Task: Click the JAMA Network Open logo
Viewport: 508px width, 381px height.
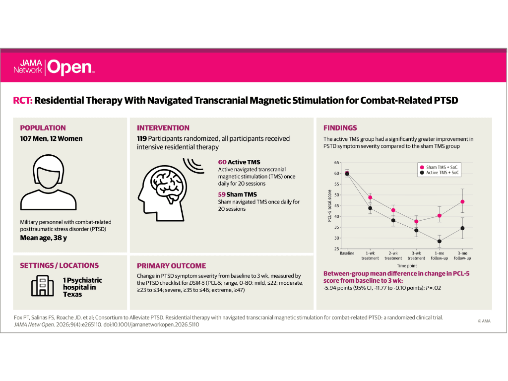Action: pyautogui.click(x=54, y=67)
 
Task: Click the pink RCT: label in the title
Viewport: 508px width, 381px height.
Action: pyautogui.click(x=23, y=100)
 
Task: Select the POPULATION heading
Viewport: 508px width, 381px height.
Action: pyautogui.click(x=43, y=128)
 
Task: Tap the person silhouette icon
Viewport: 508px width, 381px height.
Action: pyautogui.click(x=49, y=182)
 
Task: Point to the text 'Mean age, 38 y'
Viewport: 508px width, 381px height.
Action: pyautogui.click(x=44, y=238)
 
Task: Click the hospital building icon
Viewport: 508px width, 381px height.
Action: pyautogui.click(x=43, y=286)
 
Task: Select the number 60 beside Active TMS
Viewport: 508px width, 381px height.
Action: pyautogui.click(x=222, y=162)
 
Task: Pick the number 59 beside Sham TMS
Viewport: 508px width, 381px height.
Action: pyautogui.click(x=222, y=194)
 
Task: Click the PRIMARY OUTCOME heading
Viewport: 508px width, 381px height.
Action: pyautogui.click(x=171, y=266)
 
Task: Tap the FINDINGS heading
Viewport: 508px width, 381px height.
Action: pyautogui.click(x=340, y=128)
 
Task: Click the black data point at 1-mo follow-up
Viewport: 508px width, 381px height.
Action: pyautogui.click(x=440, y=242)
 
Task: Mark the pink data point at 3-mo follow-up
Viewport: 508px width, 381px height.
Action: pyautogui.click(x=462, y=202)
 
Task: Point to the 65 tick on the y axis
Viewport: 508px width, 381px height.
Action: pyautogui.click(x=337, y=163)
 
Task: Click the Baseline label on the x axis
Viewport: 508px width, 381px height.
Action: pyautogui.click(x=347, y=254)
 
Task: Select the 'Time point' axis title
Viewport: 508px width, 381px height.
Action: pyautogui.click(x=407, y=266)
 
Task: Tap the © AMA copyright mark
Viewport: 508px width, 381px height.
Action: pyautogui.click(x=484, y=321)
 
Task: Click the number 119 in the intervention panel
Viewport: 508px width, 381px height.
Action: pyautogui.click(x=141, y=139)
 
